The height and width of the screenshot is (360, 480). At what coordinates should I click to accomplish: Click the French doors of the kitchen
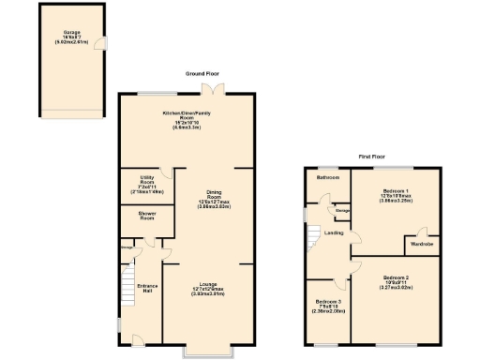pyautogui.click(x=217, y=89)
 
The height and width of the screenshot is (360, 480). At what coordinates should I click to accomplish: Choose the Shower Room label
pyautogui.click(x=140, y=217)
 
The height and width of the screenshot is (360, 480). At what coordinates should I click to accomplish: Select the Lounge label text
pyautogui.click(x=207, y=287)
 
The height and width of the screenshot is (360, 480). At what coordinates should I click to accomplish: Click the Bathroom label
pyautogui.click(x=327, y=176)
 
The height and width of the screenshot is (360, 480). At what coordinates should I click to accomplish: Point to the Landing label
pyautogui.click(x=333, y=232)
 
